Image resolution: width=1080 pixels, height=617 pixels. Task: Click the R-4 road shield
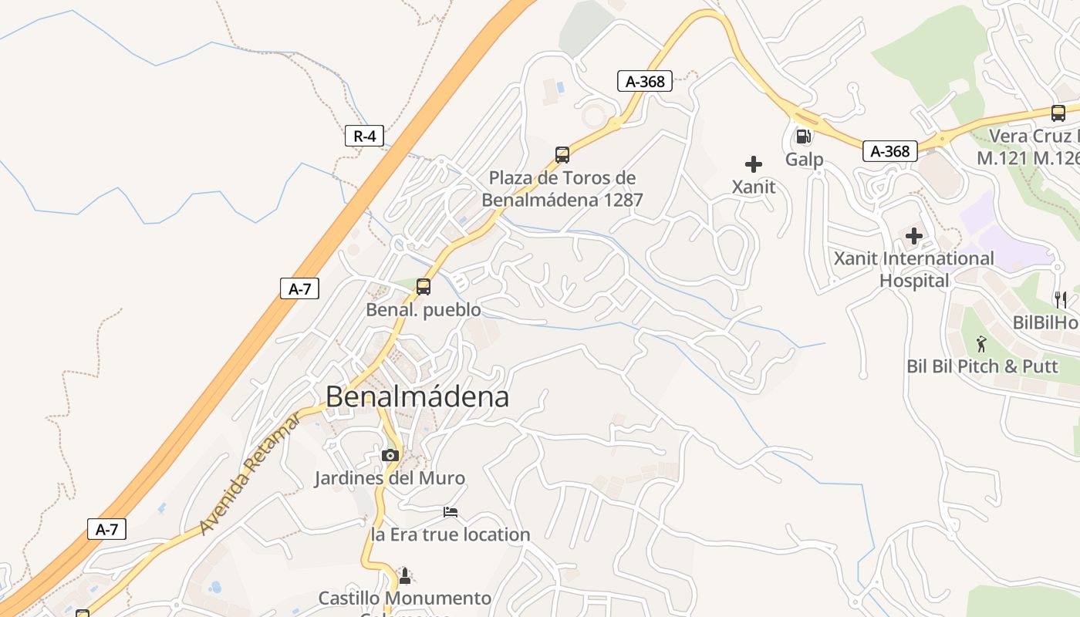tap(364, 137)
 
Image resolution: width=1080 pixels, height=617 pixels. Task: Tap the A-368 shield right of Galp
tap(889, 151)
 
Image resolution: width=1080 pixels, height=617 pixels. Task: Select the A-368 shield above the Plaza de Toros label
tap(645, 81)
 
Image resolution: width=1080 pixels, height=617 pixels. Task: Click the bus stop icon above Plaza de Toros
tap(562, 154)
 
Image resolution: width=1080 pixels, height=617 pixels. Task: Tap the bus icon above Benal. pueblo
tap(423, 287)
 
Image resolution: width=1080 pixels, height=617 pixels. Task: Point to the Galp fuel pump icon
tap(803, 137)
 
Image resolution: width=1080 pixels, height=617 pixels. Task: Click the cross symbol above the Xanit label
tap(754, 164)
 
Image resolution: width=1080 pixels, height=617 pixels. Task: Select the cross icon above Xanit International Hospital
tap(914, 235)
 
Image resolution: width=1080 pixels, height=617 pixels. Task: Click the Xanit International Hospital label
tap(914, 269)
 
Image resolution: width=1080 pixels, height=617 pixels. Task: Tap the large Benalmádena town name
tap(417, 396)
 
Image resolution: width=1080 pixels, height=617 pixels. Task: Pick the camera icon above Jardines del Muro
tap(390, 455)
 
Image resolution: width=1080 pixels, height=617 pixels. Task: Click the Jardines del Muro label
tap(390, 478)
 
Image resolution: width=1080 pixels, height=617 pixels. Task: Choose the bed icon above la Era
tap(451, 511)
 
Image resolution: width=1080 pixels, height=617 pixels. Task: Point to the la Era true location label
tap(451, 534)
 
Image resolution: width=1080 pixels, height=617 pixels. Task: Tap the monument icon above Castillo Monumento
tap(404, 575)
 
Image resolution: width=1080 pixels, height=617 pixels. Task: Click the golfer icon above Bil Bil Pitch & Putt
tap(981, 343)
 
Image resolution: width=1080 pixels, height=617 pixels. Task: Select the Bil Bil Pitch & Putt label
tap(982, 366)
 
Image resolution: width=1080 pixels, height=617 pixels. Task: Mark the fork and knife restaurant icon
tap(1061, 299)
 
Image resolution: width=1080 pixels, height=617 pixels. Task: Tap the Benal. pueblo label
tap(423, 310)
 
